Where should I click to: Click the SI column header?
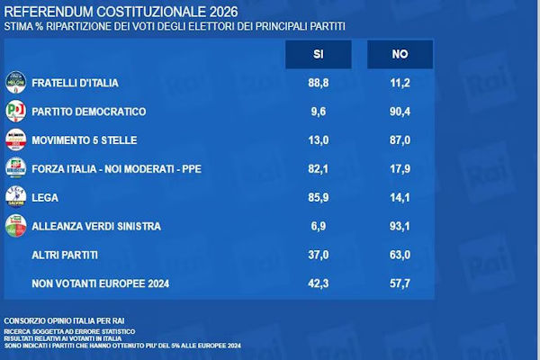(x=318, y=55)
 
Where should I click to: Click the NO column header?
(x=400, y=55)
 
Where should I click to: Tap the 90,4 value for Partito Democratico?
(x=400, y=112)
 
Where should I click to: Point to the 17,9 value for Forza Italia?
(x=400, y=169)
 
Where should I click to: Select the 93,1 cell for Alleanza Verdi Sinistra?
(x=400, y=227)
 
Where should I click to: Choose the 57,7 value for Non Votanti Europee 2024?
(x=400, y=284)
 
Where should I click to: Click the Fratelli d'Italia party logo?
(x=16, y=83)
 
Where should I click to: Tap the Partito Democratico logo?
(x=16, y=112)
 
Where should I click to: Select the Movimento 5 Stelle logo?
(x=16, y=140)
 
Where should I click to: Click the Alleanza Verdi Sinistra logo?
(x=16, y=227)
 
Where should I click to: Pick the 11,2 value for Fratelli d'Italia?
(x=400, y=84)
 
